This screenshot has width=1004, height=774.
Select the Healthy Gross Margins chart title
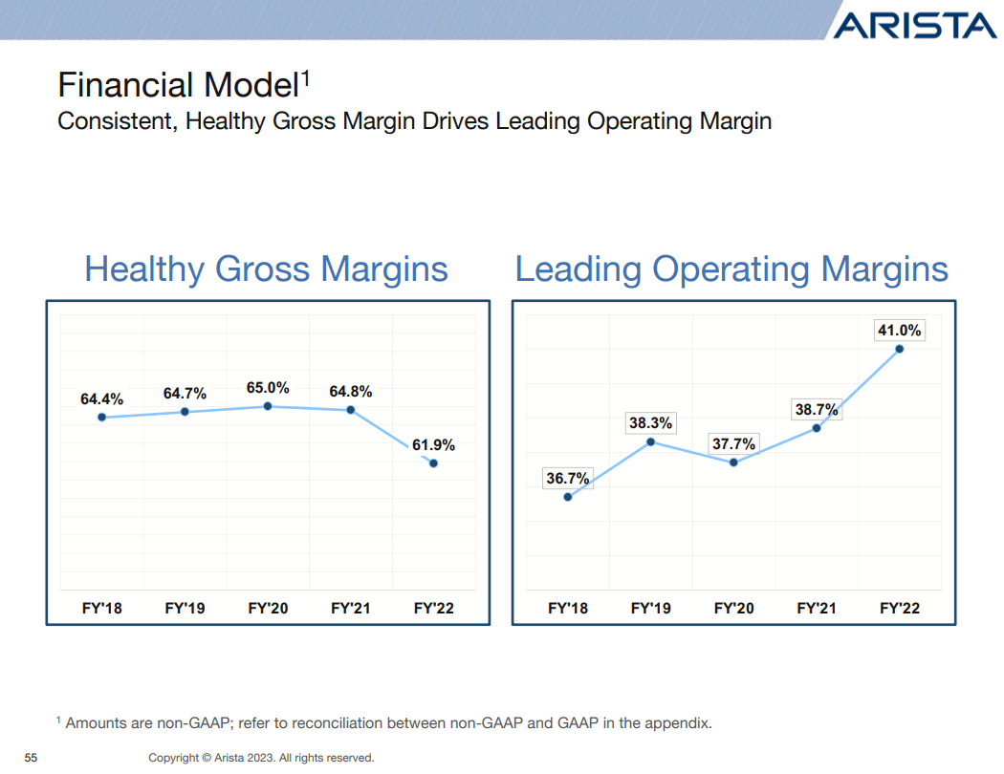(266, 269)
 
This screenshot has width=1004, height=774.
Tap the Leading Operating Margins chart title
(731, 269)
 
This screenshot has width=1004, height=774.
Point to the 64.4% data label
(101, 398)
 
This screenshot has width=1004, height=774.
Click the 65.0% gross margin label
(268, 388)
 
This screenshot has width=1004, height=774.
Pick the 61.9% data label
(433, 444)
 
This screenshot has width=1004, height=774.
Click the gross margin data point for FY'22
(434, 463)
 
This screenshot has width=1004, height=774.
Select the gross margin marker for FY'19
(185, 412)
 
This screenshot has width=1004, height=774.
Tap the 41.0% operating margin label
(899, 331)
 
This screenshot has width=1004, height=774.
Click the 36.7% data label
(568, 479)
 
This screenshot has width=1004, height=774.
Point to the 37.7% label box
(733, 443)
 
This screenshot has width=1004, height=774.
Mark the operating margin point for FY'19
(651, 441)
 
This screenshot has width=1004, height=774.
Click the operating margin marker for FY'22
(900, 349)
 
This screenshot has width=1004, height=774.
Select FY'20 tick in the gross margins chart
(268, 608)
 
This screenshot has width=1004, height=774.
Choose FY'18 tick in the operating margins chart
(568, 608)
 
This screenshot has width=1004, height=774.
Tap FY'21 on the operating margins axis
(817, 608)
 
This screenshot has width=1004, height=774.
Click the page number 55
(31, 758)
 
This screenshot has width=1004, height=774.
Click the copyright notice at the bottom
(261, 758)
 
